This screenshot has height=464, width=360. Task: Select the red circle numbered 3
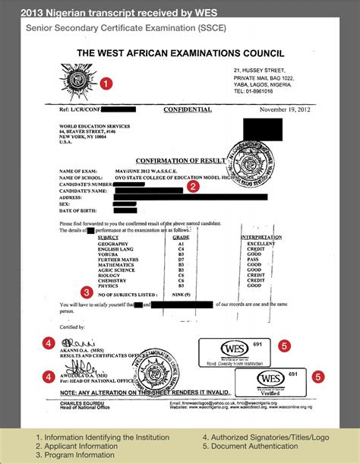pyautogui.click(x=87, y=291)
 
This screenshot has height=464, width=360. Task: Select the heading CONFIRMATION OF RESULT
pyautogui.click(x=178, y=161)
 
